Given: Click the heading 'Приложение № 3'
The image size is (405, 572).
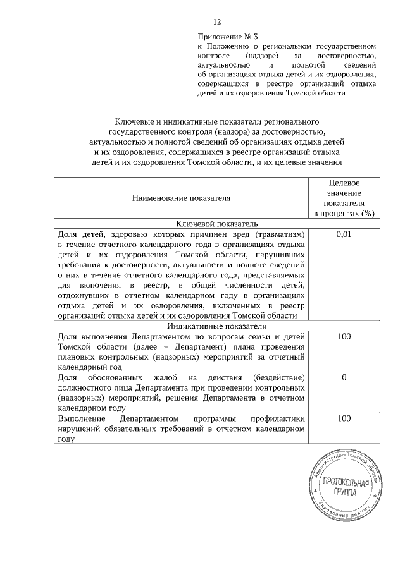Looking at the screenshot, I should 225,37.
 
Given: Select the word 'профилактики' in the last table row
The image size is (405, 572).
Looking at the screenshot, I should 277,418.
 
